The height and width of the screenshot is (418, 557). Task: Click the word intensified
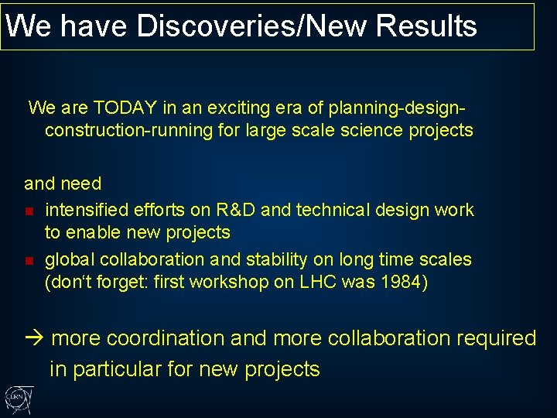pyautogui.click(x=86, y=210)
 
